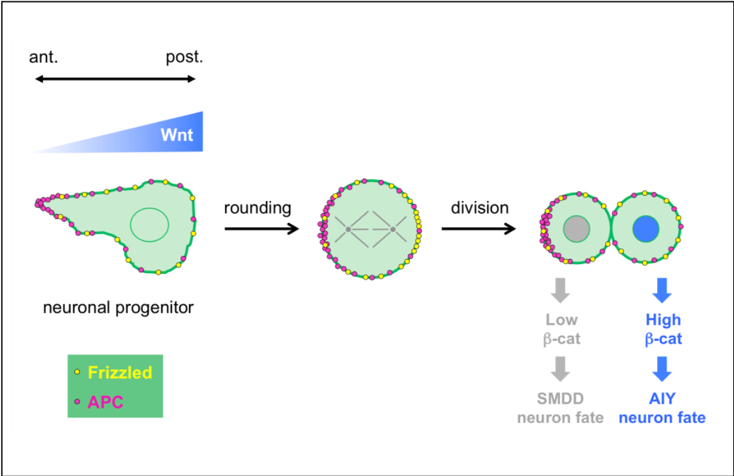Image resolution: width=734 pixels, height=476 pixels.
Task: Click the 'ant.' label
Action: [44, 57]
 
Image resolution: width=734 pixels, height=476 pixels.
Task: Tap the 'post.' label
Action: [184, 57]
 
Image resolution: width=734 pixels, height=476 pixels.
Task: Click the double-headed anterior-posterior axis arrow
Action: [115, 79]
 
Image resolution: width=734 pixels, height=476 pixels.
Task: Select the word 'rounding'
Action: [257, 208]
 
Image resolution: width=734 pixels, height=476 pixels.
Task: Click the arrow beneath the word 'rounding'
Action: [261, 229]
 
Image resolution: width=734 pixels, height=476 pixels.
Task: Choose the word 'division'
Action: [480, 208]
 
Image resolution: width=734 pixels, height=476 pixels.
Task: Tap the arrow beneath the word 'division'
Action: [479, 229]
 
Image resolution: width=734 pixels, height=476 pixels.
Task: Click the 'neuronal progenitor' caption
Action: [118, 307]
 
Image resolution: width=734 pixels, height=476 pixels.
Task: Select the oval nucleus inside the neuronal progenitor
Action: [149, 225]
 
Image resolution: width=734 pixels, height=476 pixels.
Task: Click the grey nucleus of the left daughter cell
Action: [576, 229]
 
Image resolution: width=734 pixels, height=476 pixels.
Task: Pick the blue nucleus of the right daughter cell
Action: [645, 229]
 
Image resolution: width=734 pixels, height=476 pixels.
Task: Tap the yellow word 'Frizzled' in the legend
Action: [120, 373]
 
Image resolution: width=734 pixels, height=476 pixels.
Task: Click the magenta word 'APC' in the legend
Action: [105, 402]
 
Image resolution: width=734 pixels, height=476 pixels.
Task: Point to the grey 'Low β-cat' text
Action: [561, 329]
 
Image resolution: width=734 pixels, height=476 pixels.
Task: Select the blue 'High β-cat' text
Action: [663, 329]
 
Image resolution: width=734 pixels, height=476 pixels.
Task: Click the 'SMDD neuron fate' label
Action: [560, 408]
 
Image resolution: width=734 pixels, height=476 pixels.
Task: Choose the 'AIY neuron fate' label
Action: [662, 408]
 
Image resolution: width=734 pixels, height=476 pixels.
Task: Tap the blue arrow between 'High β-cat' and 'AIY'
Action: [663, 369]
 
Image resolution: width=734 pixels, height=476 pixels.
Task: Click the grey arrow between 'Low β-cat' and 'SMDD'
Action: [561, 369]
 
